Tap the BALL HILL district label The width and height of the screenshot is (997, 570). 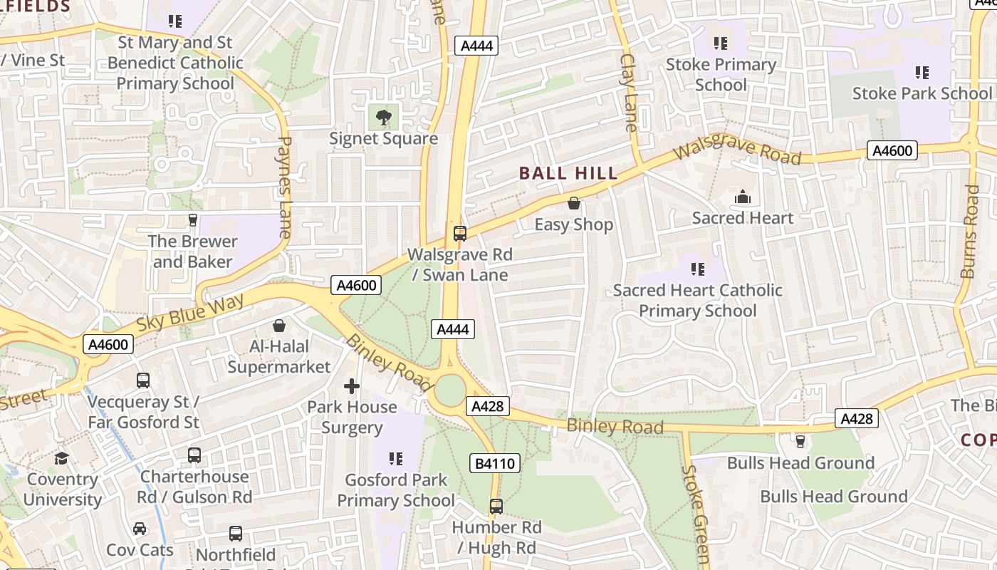(568, 173)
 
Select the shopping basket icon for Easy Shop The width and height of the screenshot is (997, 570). (574, 204)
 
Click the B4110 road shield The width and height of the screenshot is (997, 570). (495, 464)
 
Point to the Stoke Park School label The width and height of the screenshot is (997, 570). (922, 93)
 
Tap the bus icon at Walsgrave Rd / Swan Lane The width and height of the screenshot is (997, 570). (460, 233)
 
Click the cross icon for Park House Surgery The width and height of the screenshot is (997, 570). (352, 386)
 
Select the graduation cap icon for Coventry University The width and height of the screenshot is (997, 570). (62, 458)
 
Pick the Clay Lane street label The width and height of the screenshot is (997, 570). (628, 93)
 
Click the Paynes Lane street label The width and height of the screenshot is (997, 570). (284, 187)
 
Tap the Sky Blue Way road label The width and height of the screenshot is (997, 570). (190, 311)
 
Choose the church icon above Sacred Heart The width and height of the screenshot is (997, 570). (743, 197)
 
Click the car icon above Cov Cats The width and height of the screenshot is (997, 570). (140, 529)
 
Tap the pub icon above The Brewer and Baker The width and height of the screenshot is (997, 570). (192, 219)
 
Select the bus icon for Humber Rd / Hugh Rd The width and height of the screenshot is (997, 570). (496, 507)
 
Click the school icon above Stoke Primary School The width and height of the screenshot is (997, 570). (720, 43)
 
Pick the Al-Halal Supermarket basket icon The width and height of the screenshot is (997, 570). (279, 326)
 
